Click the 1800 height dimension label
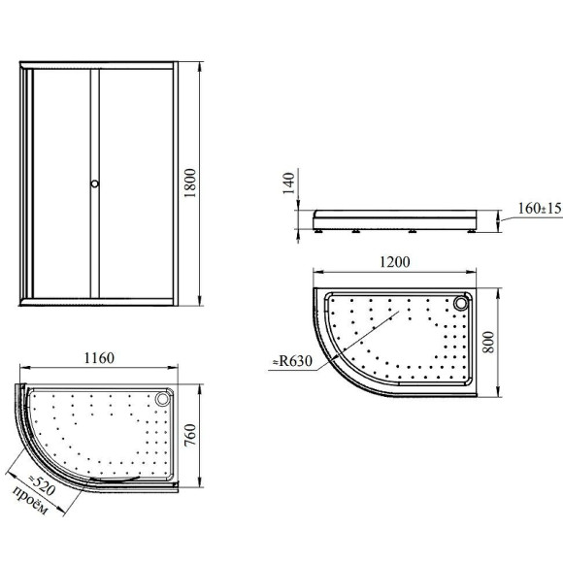pos(190,183)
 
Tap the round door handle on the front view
pos(94,183)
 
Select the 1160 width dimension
pos(99,358)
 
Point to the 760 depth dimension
pos(190,435)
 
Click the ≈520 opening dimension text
pos(42,484)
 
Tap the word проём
pos(30,500)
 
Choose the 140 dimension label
pos(288,183)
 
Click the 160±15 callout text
pos(540,209)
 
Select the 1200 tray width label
pos(395,262)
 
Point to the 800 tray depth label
pos(488,343)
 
